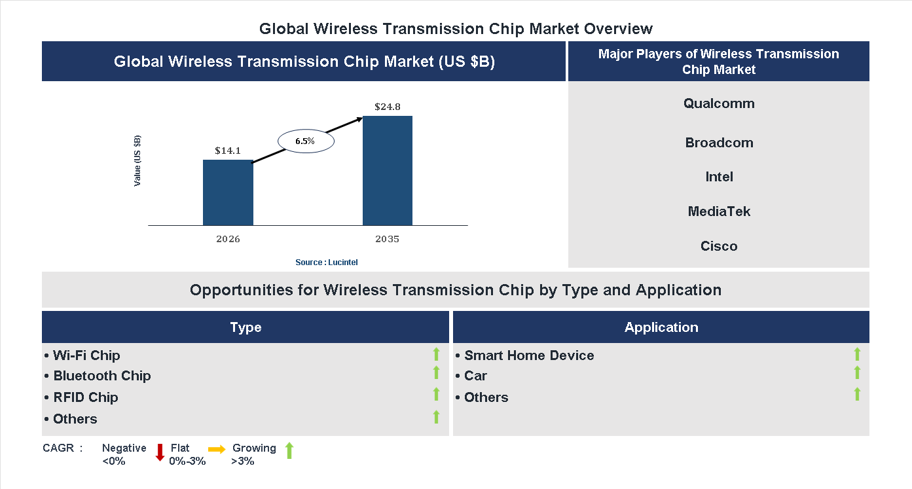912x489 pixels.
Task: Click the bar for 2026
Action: (228, 192)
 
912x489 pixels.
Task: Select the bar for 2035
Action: (388, 171)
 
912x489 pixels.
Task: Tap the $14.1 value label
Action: (228, 151)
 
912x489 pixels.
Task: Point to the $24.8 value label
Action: (388, 106)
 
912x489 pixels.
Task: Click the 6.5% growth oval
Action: (306, 141)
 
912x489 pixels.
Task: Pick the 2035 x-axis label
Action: (388, 239)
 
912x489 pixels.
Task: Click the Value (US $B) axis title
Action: (137, 161)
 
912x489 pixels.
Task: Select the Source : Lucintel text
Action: (327, 262)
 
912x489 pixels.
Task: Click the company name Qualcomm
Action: (719, 103)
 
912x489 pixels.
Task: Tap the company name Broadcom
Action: (719, 143)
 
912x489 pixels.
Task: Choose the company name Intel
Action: (719, 177)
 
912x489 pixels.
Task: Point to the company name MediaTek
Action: (719, 211)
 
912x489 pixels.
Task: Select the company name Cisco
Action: (719, 246)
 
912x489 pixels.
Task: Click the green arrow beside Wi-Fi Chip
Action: (436, 354)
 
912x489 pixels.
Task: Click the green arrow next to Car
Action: (857, 372)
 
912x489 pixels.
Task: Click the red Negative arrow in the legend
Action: (159, 452)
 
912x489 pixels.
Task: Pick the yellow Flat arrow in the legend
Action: (217, 449)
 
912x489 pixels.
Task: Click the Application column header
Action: (661, 327)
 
